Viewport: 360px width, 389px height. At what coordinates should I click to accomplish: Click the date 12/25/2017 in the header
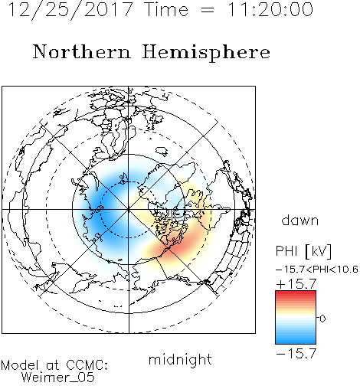70,10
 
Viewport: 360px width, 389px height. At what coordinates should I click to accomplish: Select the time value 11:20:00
270,9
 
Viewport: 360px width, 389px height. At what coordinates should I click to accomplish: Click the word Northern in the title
81,51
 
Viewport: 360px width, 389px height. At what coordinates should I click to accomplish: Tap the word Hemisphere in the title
206,53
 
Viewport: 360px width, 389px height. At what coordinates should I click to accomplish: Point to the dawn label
300,220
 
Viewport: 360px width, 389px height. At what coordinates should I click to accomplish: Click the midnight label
180,360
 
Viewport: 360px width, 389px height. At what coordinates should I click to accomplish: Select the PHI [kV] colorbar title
303,251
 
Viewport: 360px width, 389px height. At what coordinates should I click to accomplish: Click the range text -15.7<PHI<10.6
317,270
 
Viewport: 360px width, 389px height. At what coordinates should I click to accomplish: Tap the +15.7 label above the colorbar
296,284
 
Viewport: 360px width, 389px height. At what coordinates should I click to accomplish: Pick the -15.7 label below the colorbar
296,354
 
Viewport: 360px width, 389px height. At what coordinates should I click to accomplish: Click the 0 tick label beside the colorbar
322,319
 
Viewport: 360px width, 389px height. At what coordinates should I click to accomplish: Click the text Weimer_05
58,377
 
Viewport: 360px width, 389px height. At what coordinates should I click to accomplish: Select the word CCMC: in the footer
87,365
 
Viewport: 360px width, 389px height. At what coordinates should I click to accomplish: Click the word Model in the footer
20,365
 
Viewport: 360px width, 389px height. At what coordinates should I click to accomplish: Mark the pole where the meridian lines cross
129,210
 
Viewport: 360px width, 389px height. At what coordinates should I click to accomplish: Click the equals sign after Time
207,10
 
